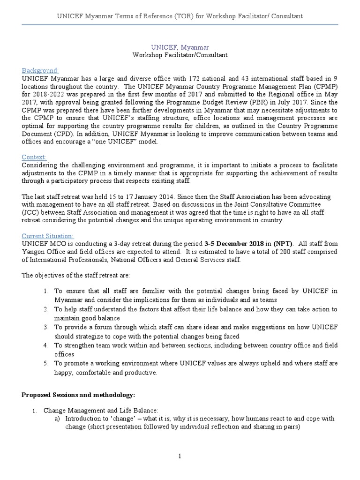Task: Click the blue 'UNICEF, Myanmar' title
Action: (x=180, y=47)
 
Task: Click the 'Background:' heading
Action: (x=40, y=70)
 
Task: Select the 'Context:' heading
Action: (x=34, y=157)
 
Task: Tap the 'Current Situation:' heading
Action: (x=48, y=236)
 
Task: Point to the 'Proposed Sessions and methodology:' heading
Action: (x=79, y=395)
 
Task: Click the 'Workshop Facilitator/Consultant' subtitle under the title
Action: (x=180, y=55)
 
